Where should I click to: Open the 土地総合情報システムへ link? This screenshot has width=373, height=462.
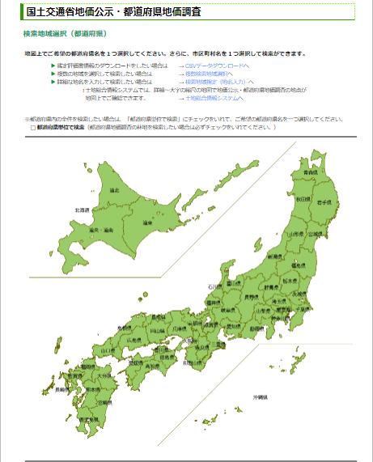(217, 97)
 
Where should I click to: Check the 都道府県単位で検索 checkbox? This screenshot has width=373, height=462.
(33, 128)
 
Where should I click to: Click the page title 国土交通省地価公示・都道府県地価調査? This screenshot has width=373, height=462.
(114, 13)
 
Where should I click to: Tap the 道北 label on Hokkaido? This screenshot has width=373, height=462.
(114, 190)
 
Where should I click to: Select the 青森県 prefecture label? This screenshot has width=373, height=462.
(310, 173)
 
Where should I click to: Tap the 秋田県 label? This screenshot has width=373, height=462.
(302, 199)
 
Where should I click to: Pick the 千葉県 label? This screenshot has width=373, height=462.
(303, 309)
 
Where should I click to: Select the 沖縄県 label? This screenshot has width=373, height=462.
(260, 397)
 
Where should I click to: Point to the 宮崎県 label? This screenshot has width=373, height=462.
(104, 402)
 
